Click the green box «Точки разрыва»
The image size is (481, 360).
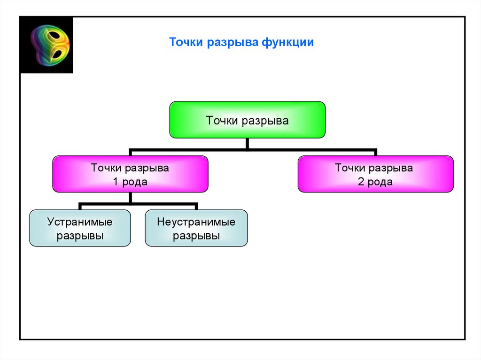(247, 120)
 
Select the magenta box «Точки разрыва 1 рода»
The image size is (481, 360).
(130, 174)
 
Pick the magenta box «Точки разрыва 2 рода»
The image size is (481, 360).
(375, 174)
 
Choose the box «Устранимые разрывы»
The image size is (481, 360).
(80, 228)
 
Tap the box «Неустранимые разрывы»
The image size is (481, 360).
(196, 228)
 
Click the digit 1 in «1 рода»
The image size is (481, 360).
(116, 182)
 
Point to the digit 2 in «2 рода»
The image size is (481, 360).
(361, 182)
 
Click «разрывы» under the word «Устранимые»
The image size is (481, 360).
(80, 236)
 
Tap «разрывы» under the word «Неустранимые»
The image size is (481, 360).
(196, 236)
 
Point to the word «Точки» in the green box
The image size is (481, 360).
(222, 121)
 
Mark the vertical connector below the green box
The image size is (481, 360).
(248, 144)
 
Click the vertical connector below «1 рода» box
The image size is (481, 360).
(130, 198)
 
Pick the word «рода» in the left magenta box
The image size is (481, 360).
(135, 182)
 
